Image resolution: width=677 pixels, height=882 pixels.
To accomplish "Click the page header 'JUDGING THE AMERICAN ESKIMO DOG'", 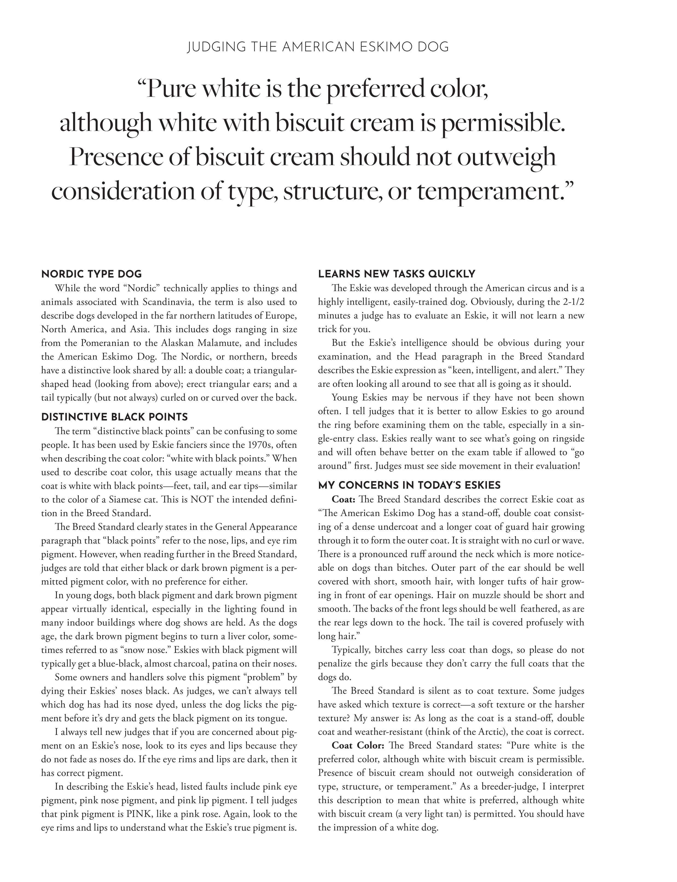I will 318,47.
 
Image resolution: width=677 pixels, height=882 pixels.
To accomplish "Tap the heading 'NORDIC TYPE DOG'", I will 91,274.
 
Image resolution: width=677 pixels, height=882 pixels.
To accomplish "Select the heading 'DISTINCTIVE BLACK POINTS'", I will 114,417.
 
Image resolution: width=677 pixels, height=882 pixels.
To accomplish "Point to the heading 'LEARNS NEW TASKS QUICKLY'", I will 397,274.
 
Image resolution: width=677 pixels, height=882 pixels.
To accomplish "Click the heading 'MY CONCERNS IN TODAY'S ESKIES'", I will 409,485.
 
